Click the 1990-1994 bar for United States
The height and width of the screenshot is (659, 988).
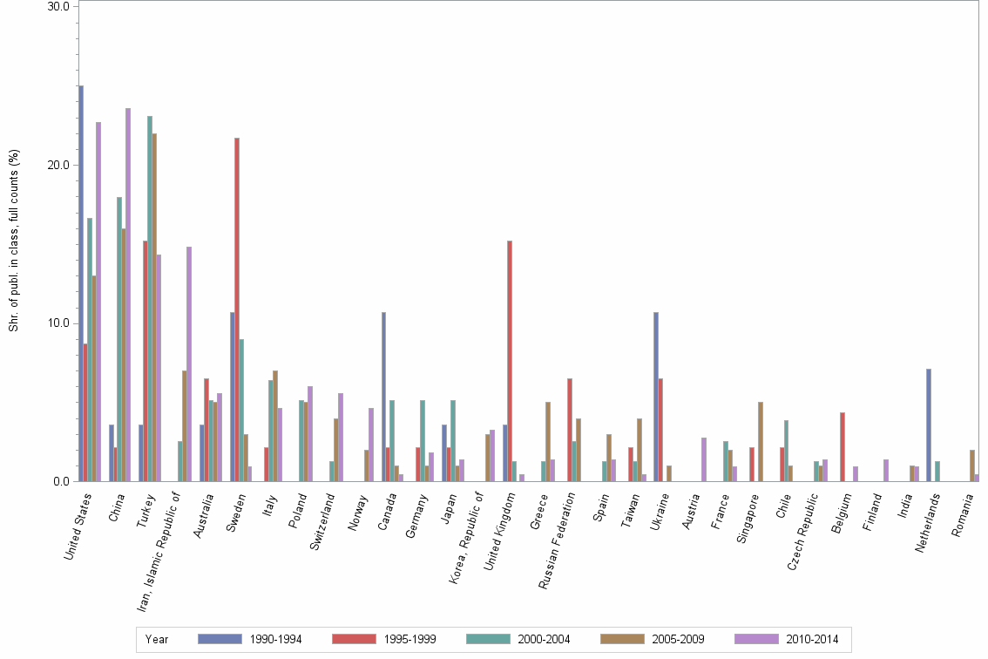[81, 283]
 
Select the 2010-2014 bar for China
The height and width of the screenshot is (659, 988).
[128, 295]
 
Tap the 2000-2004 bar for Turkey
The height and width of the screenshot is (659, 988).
[150, 298]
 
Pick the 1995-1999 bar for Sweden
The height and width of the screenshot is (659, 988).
[236, 309]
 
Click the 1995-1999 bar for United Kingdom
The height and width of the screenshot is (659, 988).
[509, 361]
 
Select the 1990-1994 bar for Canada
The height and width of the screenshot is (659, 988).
[383, 397]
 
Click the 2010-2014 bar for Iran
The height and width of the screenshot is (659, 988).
[189, 363]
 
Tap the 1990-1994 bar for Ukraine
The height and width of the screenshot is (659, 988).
[656, 397]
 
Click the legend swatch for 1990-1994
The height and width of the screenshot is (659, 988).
[220, 639]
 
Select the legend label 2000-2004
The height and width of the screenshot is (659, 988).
[545, 640]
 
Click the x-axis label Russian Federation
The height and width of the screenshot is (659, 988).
[558, 541]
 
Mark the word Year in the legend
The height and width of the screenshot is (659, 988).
[158, 640]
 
